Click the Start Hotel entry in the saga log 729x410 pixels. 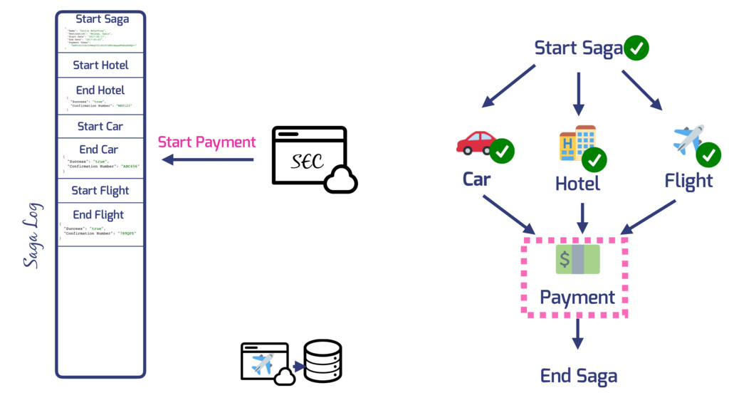click(x=100, y=65)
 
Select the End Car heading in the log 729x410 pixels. click(x=99, y=149)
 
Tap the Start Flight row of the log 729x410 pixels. click(x=100, y=190)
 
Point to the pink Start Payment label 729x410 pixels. click(x=206, y=142)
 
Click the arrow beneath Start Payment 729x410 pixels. click(x=207, y=159)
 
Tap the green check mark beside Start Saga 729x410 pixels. click(x=636, y=48)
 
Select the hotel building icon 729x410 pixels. click(x=577, y=142)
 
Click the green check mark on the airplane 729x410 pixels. click(x=708, y=154)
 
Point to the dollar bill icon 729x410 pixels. click(x=577, y=259)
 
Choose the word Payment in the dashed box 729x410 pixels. click(x=577, y=297)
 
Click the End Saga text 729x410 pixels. click(x=578, y=376)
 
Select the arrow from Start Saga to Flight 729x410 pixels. click(x=642, y=90)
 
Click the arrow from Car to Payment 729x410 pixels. click(x=508, y=214)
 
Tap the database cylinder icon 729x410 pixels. click(x=322, y=361)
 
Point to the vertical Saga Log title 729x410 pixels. click(x=32, y=236)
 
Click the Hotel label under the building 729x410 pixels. click(x=577, y=184)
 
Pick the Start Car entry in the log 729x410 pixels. click(x=100, y=126)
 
